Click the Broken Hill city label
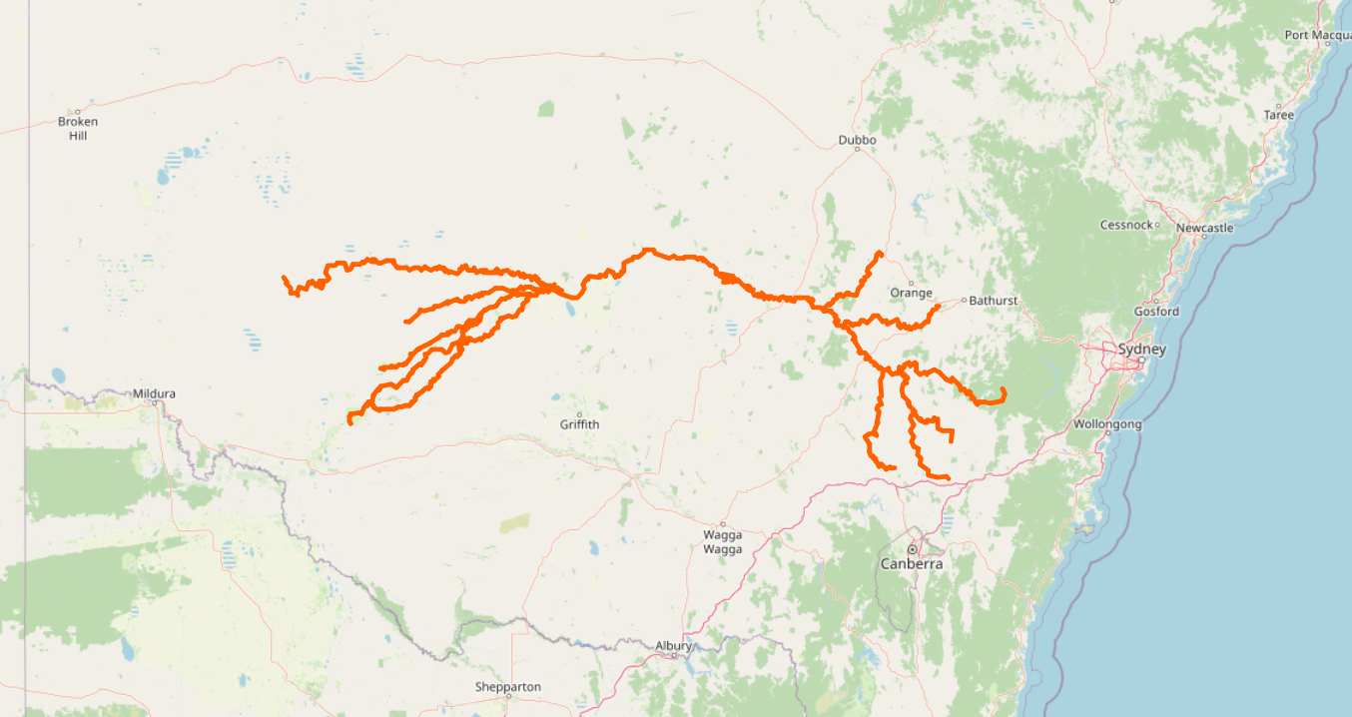(78, 128)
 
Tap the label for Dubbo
(857, 140)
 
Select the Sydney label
(1141, 350)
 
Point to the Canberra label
(911, 564)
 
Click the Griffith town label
(579, 424)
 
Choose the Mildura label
(154, 393)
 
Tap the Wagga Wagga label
(722, 542)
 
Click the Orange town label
(911, 293)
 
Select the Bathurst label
(994, 300)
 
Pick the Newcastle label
(1204, 229)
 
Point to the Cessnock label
(1125, 225)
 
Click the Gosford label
(1156, 312)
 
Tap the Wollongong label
(1106, 424)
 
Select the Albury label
(673, 646)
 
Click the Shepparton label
(508, 687)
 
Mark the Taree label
(1278, 115)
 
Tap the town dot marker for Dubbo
(857, 150)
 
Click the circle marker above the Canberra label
(912, 549)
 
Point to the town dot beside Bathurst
(964, 300)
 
